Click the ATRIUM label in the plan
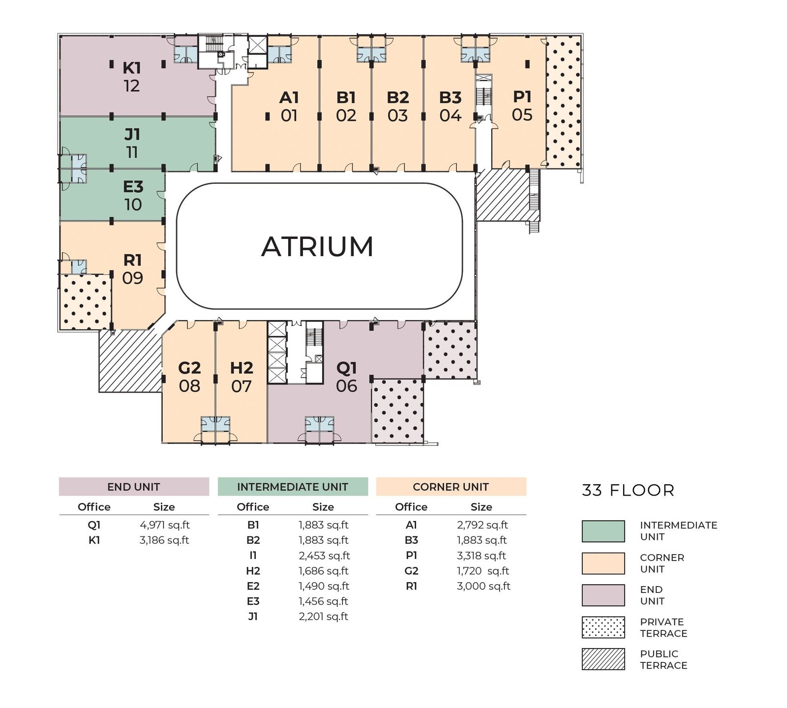point(317,247)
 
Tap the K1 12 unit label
point(131,77)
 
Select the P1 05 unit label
point(522,106)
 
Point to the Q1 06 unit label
point(346,377)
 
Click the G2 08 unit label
point(189,377)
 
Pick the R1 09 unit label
point(132,269)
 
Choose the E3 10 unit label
point(133,196)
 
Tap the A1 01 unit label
point(289,107)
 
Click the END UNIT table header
point(134,487)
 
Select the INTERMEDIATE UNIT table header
point(293,487)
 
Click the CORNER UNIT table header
point(451,487)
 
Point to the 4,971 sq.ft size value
point(164,525)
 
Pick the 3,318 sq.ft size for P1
point(482,556)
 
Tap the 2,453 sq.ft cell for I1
point(324,556)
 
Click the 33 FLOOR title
point(628,490)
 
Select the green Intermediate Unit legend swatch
point(603,531)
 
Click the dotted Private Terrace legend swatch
point(603,627)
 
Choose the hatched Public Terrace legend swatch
point(603,659)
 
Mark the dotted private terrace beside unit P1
point(564,101)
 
